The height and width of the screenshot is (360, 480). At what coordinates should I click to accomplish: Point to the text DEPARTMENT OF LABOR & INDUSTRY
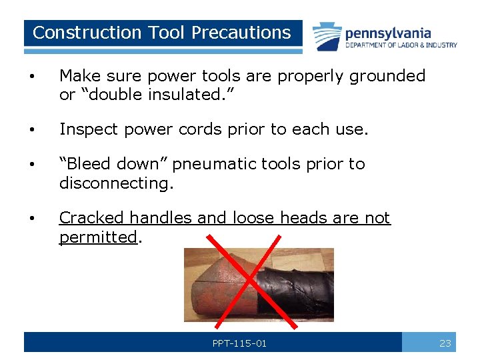401,45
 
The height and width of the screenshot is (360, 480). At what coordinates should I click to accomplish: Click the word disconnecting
116,183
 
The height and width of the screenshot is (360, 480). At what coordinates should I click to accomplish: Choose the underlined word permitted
97,237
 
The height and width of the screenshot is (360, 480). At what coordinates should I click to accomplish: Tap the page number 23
445,343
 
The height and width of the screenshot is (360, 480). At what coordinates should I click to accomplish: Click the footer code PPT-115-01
239,343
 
